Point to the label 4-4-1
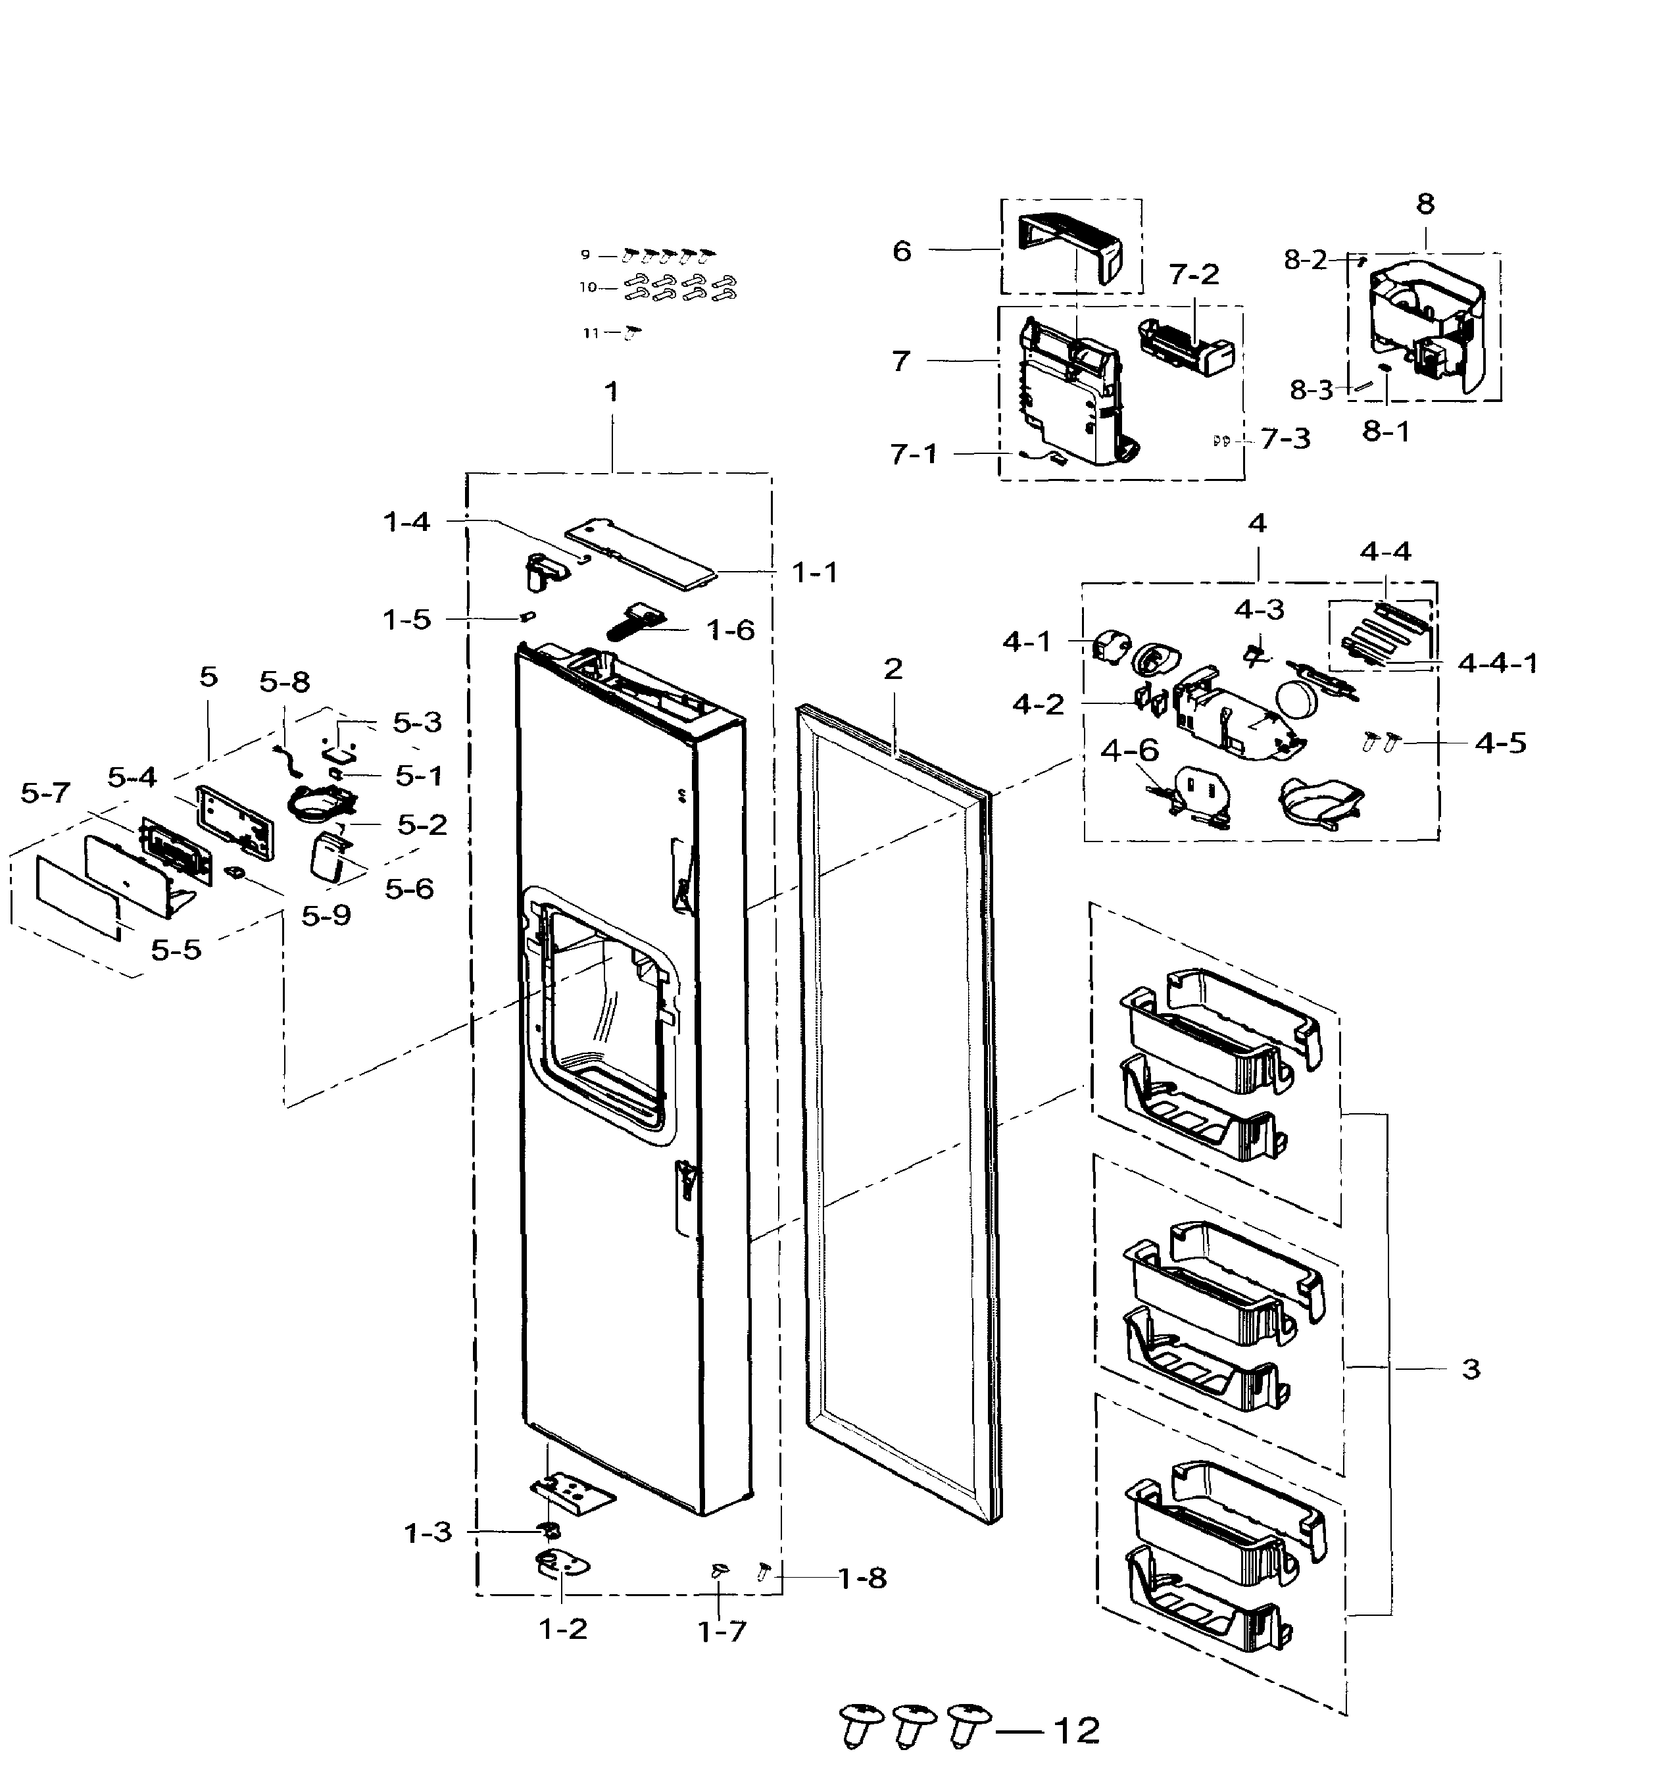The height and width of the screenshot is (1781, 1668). [1498, 663]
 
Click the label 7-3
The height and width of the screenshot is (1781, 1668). [1285, 438]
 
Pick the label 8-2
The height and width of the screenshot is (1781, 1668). [1304, 260]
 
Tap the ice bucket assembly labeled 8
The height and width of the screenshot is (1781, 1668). [1425, 327]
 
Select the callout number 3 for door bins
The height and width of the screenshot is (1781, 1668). [1470, 1369]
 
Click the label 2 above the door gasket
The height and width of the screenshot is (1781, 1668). [893, 668]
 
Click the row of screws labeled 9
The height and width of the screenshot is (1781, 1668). [668, 255]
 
